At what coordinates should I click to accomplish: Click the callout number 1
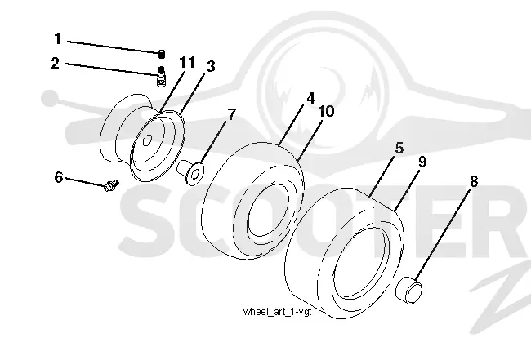[57, 39]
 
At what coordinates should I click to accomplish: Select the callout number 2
[56, 64]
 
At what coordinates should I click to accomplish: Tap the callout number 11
[186, 63]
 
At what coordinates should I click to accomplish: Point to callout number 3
[211, 66]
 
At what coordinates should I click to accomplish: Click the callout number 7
[231, 114]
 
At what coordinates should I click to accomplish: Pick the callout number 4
[310, 98]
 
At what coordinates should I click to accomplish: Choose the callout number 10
[326, 111]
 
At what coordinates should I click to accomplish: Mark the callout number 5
[399, 149]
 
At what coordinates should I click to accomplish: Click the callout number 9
[422, 162]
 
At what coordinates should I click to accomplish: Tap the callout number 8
[474, 182]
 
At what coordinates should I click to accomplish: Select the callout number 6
[59, 177]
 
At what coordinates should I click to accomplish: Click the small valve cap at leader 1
[162, 54]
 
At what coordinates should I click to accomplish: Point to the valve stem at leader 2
[162, 77]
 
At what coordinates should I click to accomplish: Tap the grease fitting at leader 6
[111, 185]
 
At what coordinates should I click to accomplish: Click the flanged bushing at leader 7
[190, 172]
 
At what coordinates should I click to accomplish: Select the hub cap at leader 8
[409, 291]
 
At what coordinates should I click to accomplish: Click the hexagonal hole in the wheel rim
[146, 140]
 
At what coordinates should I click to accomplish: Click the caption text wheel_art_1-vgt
[278, 312]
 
